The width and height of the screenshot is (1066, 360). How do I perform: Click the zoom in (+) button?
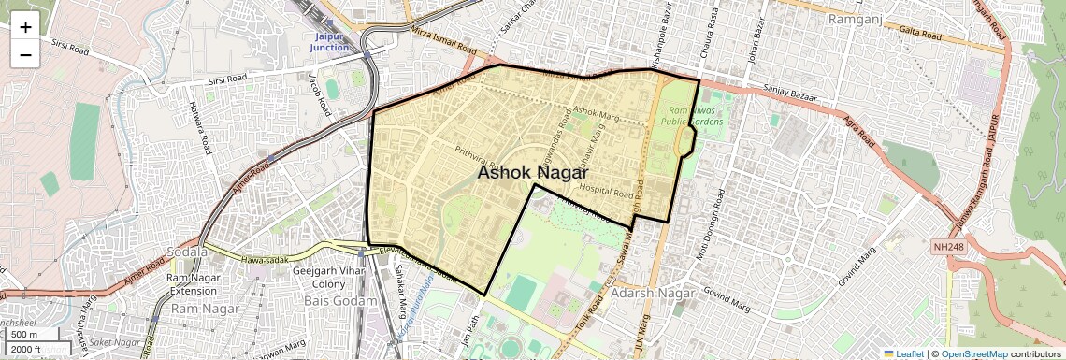click(x=25, y=26)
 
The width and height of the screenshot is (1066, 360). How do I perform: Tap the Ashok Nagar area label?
click(x=532, y=173)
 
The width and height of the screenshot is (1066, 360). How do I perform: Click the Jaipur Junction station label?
click(x=332, y=42)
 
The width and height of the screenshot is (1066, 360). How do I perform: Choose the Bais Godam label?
click(x=340, y=301)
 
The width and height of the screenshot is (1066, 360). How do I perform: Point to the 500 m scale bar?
click(x=25, y=334)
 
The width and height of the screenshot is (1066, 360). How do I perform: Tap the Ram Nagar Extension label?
click(x=192, y=284)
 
